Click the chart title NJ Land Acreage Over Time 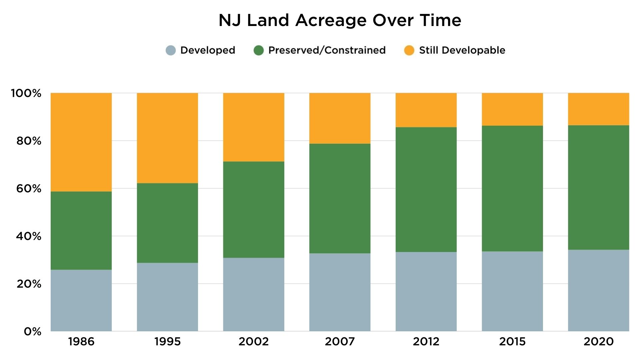click(340, 20)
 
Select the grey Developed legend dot click(171, 50)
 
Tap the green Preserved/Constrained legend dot click(259, 50)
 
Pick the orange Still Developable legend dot click(409, 50)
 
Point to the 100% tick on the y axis click(26, 93)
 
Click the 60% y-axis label click(29, 189)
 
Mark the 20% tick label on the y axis click(29, 284)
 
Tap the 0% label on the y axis click(32, 331)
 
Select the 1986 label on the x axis click(81, 342)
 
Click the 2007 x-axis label click(340, 342)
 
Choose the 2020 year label click(598, 342)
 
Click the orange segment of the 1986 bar click(81, 142)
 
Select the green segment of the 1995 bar click(167, 223)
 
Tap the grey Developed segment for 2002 click(254, 294)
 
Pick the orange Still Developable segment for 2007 click(340, 118)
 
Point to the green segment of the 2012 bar click(426, 189)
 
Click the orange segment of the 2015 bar click(512, 109)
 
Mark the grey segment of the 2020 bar click(598, 290)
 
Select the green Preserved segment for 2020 click(598, 187)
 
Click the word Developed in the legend click(208, 50)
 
